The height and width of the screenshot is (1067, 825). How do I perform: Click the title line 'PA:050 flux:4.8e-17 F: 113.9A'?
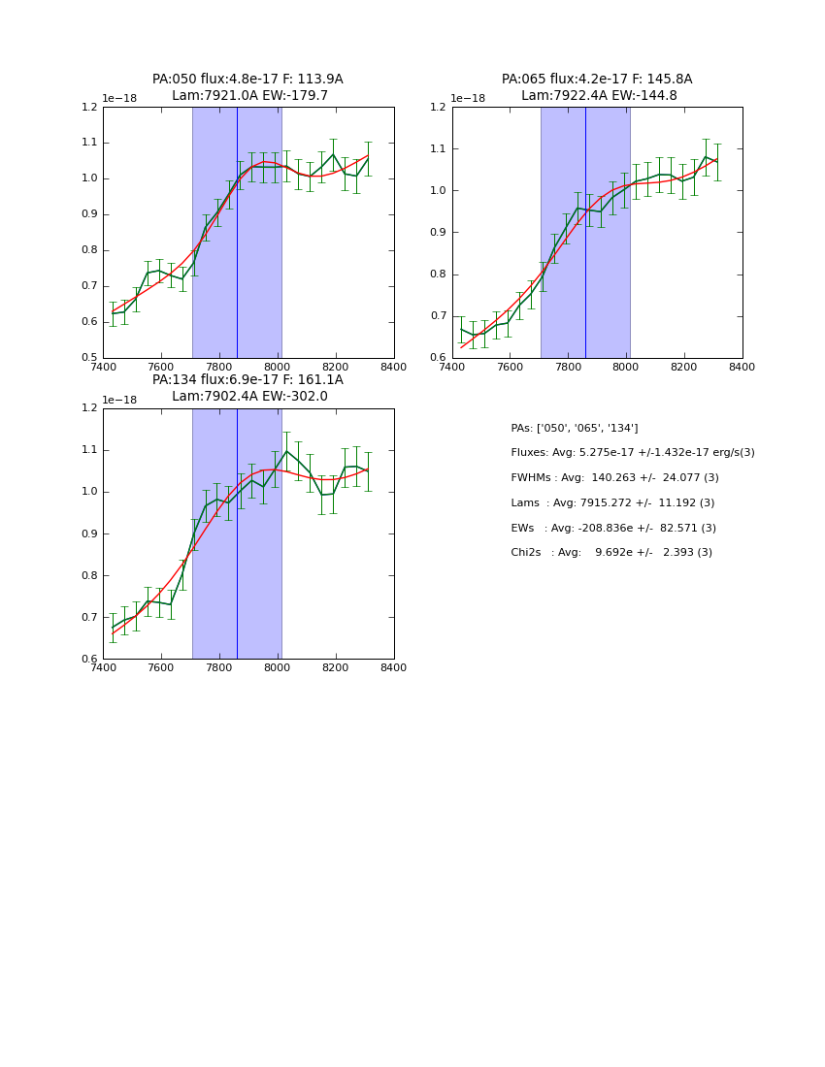tap(247, 80)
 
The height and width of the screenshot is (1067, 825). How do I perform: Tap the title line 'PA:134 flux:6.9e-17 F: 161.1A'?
tap(247, 380)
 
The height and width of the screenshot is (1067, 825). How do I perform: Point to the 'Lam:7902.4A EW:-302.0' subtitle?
tap(249, 397)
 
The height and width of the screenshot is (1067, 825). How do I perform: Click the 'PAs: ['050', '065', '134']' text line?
tap(574, 428)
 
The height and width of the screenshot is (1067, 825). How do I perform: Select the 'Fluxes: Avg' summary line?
tap(632, 453)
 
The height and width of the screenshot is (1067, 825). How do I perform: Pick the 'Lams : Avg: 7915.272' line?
tap(612, 502)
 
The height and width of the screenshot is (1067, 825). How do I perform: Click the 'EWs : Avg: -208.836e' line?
tap(613, 528)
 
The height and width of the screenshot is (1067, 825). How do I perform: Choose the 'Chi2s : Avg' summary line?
tap(611, 553)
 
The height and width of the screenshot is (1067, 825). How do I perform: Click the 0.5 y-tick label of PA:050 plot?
tap(89, 358)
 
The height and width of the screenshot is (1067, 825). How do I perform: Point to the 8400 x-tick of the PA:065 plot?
tap(742, 367)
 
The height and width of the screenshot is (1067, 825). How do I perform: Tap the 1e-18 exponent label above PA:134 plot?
tap(119, 400)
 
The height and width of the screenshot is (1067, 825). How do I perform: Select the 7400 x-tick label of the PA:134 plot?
tap(103, 667)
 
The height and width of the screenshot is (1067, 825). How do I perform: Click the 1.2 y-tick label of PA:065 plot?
tap(439, 108)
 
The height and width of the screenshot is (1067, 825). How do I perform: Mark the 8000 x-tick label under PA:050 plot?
tap(278, 367)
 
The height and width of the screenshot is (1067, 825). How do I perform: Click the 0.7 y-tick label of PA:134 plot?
tap(89, 618)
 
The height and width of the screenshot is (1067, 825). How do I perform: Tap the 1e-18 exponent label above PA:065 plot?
tap(468, 99)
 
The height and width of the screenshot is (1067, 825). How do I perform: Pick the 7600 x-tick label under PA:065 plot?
tap(511, 367)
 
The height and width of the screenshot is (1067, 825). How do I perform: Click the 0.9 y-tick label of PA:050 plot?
tap(89, 214)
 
